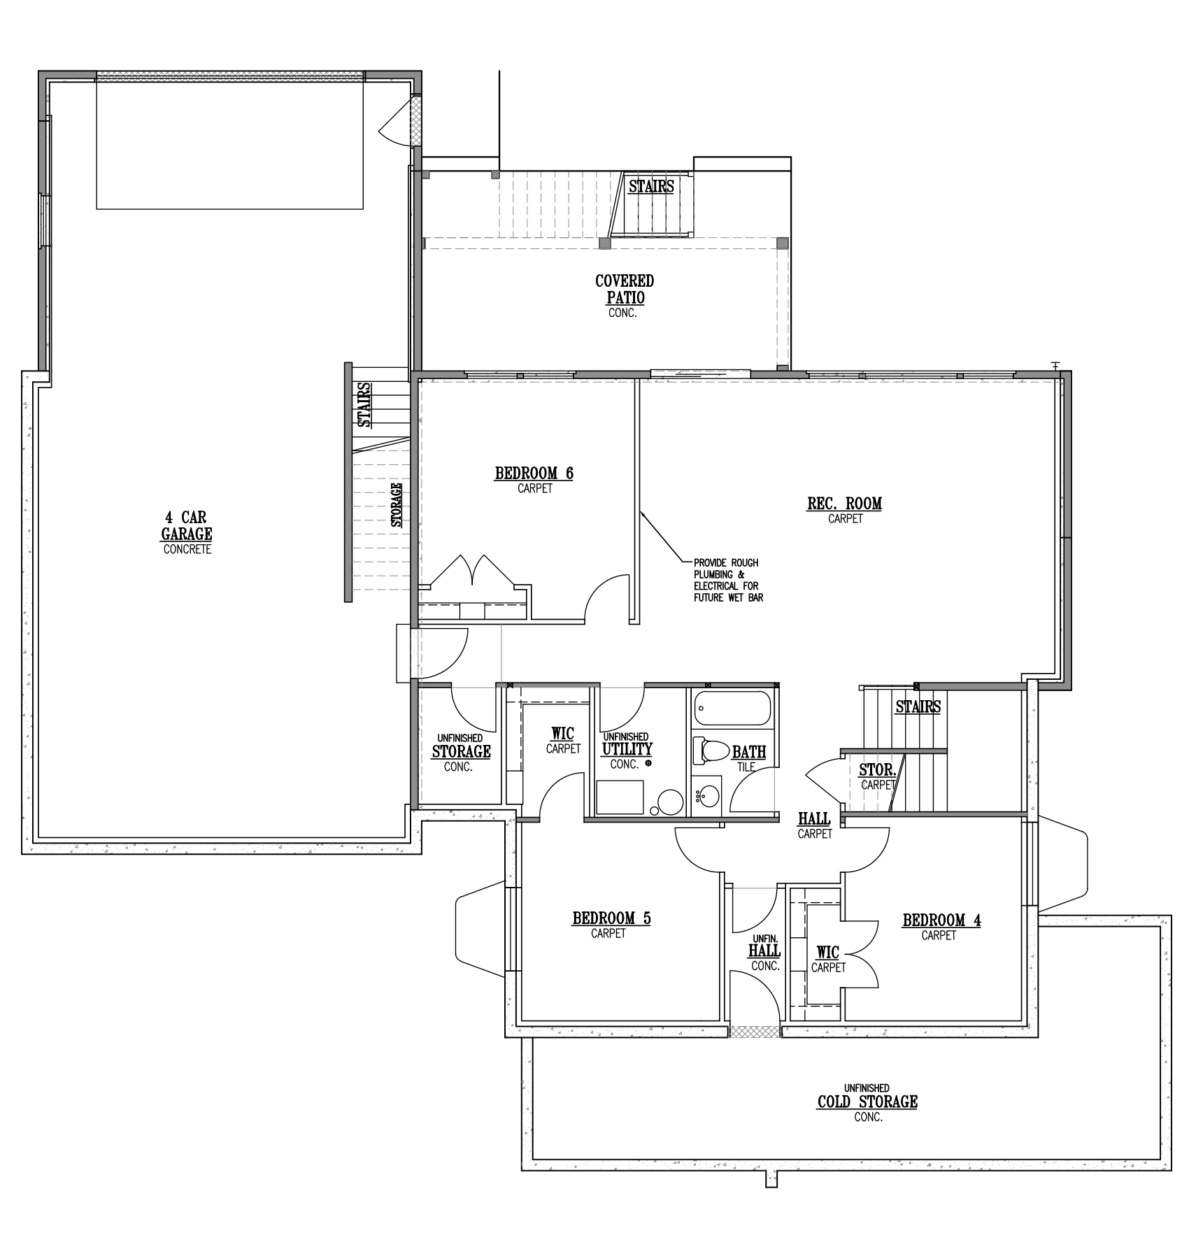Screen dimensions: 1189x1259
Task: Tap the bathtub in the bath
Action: (732, 708)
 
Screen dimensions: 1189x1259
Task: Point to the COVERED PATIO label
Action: (625, 289)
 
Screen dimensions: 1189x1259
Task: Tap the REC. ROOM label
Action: (845, 503)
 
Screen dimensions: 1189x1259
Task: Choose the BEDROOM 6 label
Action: (534, 473)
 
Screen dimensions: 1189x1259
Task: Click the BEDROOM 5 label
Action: (611, 918)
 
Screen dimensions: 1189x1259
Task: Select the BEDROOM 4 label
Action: (941, 920)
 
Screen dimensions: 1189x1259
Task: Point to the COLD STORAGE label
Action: (867, 1102)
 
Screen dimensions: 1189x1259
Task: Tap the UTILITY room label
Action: (627, 748)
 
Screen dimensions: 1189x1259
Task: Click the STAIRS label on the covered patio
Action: (651, 186)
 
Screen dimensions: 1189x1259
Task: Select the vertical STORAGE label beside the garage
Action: (396, 504)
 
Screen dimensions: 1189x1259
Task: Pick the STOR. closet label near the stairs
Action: (877, 770)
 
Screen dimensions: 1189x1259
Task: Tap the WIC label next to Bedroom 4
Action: (828, 953)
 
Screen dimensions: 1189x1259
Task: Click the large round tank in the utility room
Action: (670, 802)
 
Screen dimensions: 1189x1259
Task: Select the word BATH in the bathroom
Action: (749, 752)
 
